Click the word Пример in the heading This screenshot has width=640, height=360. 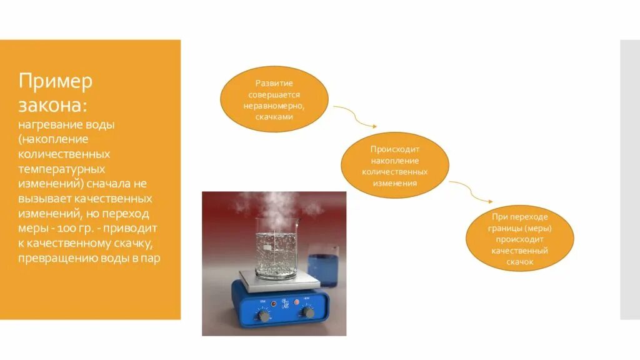(56, 81)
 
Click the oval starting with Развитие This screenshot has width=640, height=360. (274, 99)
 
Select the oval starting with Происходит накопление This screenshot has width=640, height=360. (394, 165)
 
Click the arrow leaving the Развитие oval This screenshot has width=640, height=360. (346, 114)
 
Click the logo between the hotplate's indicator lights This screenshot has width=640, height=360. (285, 303)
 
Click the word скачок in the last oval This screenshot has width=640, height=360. (519, 262)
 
